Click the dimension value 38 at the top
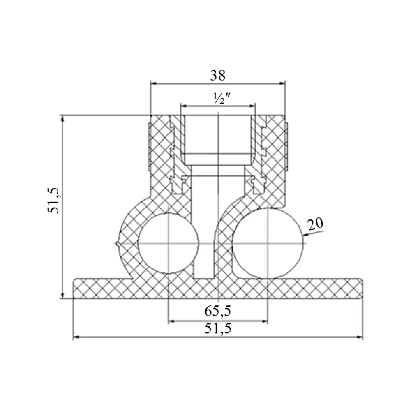tap(217, 76)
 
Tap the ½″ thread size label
tap(222, 99)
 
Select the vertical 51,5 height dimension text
tap(54, 200)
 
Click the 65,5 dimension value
tap(218, 311)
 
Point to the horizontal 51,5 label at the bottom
tap(218, 328)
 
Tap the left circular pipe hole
tap(168, 243)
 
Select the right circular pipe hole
tap(268, 243)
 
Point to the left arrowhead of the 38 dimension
tap(154, 83)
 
